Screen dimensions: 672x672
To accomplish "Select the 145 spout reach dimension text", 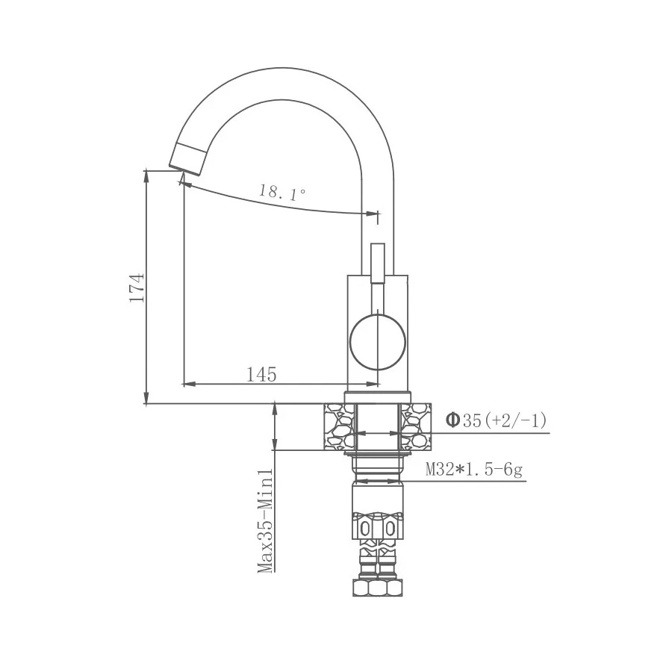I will pyautogui.click(x=261, y=374).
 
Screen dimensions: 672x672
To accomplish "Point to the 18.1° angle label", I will pyautogui.click(x=282, y=193).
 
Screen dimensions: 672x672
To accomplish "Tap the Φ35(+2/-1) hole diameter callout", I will pyautogui.click(x=496, y=420).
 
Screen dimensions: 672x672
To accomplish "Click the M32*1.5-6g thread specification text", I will pyautogui.click(x=473, y=470).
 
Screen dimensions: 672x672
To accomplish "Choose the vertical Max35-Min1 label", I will pyautogui.click(x=264, y=520).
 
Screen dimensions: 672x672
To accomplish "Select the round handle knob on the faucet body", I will pyautogui.click(x=378, y=342).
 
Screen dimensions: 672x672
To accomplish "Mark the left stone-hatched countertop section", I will pyautogui.click(x=338, y=426).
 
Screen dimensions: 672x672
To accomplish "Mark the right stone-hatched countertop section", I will pyautogui.click(x=416, y=426).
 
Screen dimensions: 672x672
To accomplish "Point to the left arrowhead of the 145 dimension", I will pyautogui.click(x=187, y=385).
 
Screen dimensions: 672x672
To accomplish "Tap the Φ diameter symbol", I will pyautogui.click(x=452, y=420).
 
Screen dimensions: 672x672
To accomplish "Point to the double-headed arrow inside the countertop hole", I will pyautogui.click(x=378, y=432).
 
